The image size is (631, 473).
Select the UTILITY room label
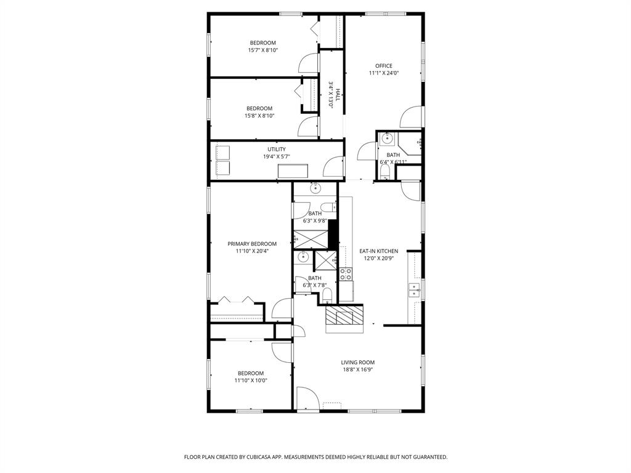pos(276,150)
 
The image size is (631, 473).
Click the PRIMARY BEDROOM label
pos(252,244)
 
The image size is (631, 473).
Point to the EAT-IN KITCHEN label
pos(378,251)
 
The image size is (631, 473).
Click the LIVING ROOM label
pos(357,363)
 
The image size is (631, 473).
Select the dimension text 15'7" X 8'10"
pos(263,51)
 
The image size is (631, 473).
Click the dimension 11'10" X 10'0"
pos(250,381)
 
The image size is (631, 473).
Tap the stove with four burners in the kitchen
pos(345,275)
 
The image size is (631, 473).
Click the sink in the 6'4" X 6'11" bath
pos(388,137)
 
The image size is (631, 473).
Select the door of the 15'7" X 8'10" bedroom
pos(307,62)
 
